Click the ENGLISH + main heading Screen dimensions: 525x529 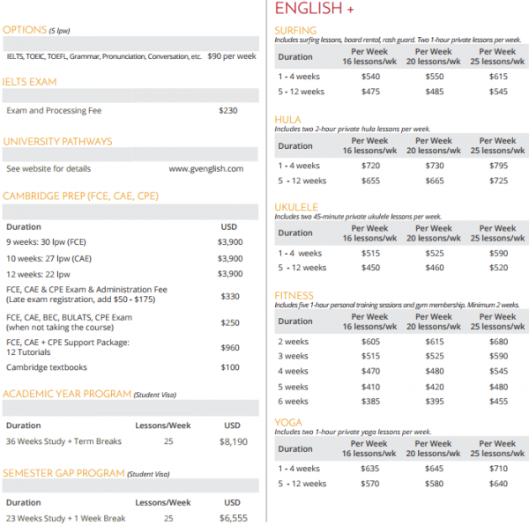click(x=315, y=9)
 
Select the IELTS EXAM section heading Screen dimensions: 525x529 click(x=30, y=82)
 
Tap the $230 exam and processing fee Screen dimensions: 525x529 click(x=228, y=111)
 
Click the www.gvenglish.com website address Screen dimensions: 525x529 click(x=205, y=168)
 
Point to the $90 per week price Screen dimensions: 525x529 click(x=232, y=56)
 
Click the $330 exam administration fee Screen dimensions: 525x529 click(x=229, y=297)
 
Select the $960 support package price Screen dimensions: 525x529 click(x=229, y=348)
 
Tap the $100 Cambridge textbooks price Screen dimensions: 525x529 click(x=229, y=367)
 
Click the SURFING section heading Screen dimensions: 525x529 click(x=295, y=31)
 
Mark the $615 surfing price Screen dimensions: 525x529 click(x=499, y=78)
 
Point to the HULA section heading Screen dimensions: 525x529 click(x=287, y=120)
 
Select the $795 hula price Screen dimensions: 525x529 click(x=499, y=166)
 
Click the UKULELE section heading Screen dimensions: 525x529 click(x=296, y=208)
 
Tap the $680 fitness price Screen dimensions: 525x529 click(x=499, y=342)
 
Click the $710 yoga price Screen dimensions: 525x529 click(x=499, y=469)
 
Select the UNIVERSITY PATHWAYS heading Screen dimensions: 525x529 click(x=57, y=141)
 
